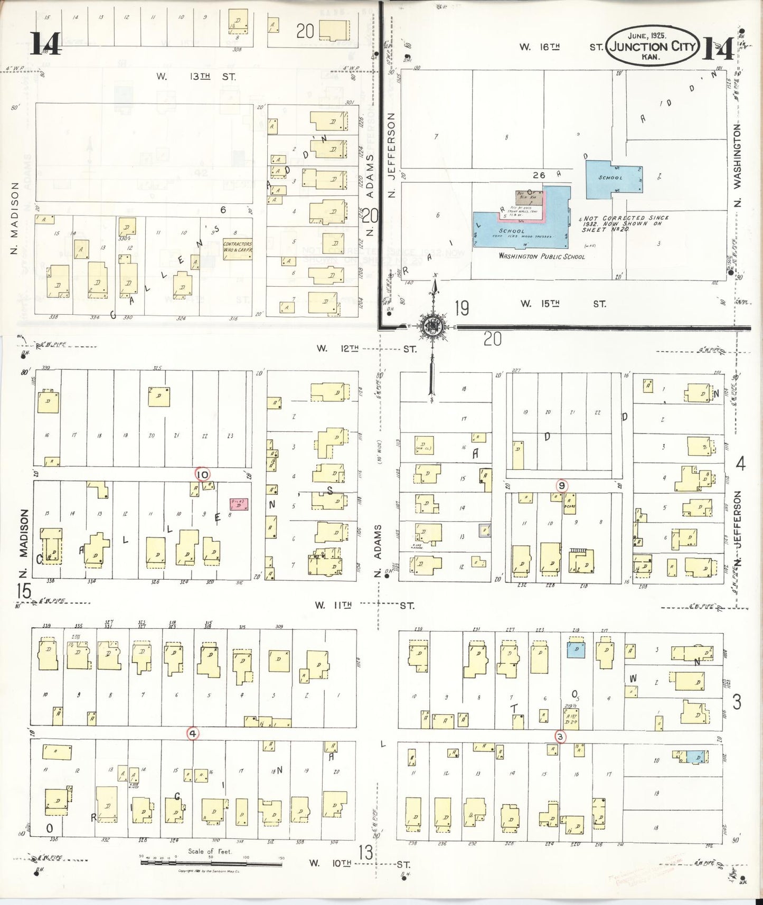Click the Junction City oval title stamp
point(652,46)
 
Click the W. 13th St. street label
point(196,77)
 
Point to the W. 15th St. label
point(563,304)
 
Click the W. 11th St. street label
point(364,605)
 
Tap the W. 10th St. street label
point(360,864)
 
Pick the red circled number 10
point(202,474)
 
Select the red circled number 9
point(562,486)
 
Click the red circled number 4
point(193,733)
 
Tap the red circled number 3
point(560,737)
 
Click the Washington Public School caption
point(542,257)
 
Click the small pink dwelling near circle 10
point(239,504)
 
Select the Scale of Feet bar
point(211,863)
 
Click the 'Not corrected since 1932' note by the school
point(625,224)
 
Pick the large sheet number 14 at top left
point(45,43)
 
